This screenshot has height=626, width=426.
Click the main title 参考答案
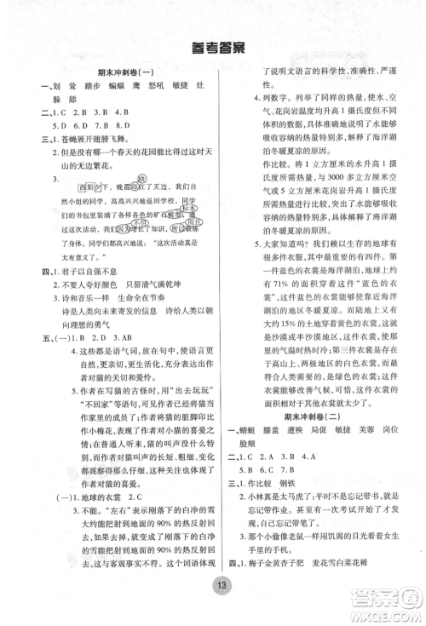[212, 49]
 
